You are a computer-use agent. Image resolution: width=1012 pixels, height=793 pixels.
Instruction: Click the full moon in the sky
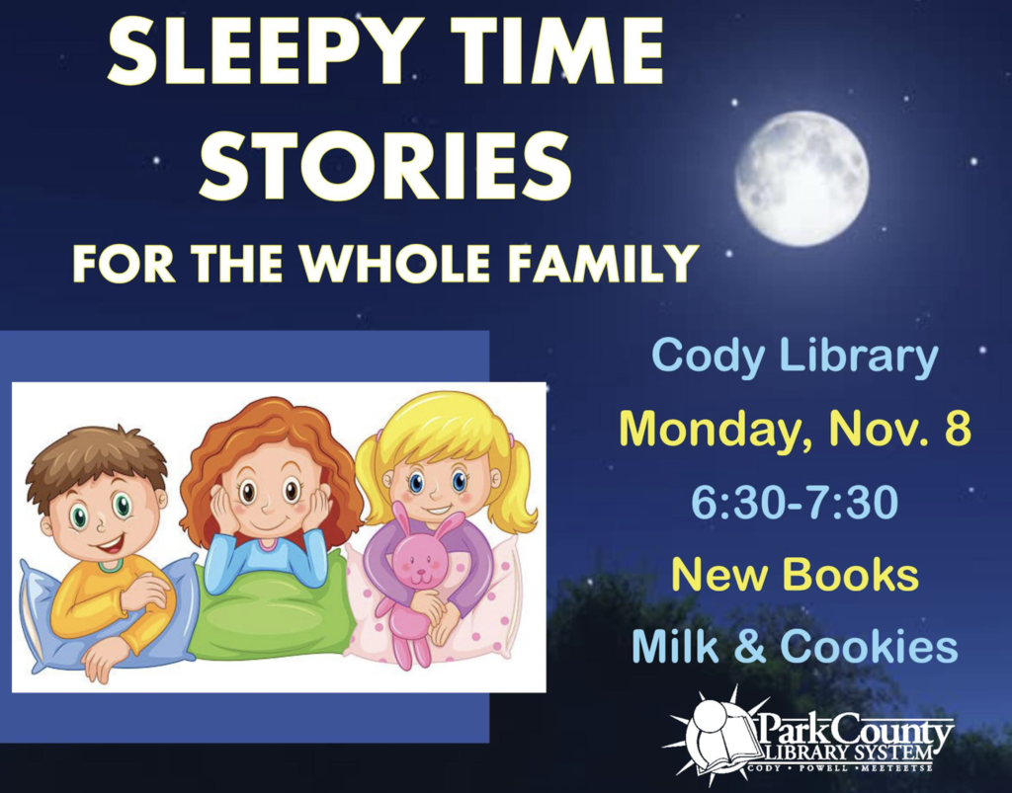coord(801,179)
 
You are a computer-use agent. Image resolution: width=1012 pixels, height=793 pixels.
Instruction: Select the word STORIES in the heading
coord(385,164)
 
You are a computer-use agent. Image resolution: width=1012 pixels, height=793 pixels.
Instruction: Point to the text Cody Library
coord(795,357)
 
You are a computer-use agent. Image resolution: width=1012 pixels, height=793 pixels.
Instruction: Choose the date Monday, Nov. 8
coord(796,429)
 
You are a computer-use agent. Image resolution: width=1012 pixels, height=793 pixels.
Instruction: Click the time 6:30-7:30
coord(795,503)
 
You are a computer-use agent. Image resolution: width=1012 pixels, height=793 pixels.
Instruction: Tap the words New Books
coord(795,575)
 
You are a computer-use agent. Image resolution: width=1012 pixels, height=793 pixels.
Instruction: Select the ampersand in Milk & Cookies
coord(749,646)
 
